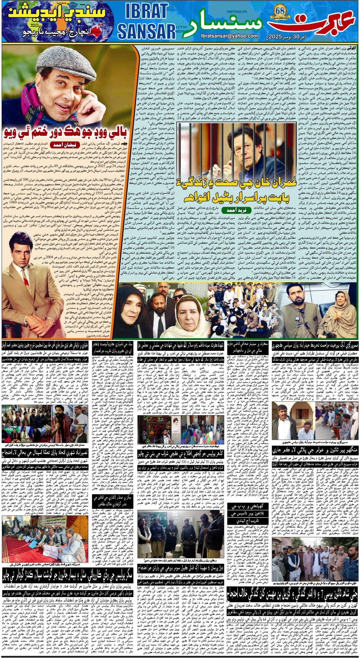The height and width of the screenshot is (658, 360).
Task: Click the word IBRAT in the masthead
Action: coord(146,12)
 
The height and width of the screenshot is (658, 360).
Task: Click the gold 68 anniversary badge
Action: coord(280,11)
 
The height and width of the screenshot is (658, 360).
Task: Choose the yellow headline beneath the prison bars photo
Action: coord(232,189)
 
